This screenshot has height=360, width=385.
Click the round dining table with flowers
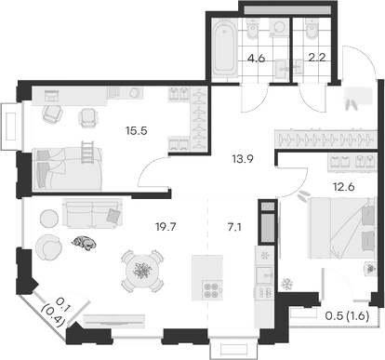coord(141,271)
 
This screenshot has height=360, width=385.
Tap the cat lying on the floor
coord(84,243)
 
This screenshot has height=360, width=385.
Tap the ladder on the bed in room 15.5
coord(87,150)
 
